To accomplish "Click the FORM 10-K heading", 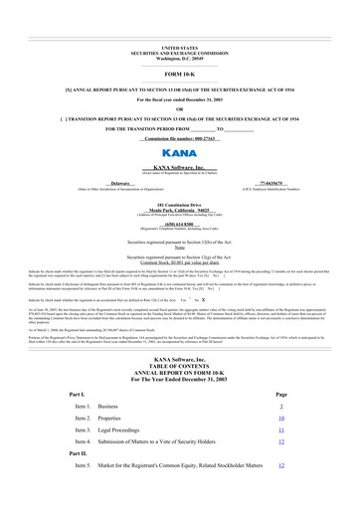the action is (179, 75).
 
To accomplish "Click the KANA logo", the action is (179, 155).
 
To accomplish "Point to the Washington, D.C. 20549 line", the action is (179, 59).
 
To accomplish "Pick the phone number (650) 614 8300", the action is (179, 224).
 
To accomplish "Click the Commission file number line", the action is (179, 137).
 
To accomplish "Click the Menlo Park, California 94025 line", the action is (179, 211).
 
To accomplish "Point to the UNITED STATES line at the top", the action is (179, 48).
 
